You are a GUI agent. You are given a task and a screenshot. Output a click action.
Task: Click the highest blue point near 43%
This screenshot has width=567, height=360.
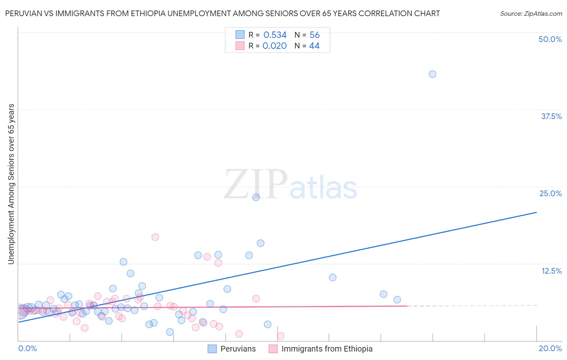(x=432, y=74)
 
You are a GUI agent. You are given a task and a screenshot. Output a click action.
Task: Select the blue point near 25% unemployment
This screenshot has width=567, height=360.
(x=256, y=197)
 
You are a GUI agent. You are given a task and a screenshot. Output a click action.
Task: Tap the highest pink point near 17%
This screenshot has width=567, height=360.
(x=155, y=237)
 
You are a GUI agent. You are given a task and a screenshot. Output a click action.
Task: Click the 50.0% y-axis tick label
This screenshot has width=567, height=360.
(x=550, y=39)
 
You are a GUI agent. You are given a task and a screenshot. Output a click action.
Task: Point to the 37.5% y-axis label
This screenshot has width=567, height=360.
(x=551, y=116)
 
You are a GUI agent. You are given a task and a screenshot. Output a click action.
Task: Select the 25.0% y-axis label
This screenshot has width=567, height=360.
(x=550, y=193)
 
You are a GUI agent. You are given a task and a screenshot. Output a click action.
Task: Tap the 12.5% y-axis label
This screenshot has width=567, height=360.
(x=551, y=271)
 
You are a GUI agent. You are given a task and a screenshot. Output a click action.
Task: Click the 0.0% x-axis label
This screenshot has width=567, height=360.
(x=28, y=348)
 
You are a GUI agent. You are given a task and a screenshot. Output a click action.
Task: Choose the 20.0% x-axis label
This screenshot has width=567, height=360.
(x=550, y=348)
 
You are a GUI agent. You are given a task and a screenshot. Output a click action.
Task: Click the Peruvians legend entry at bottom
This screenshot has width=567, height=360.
(x=238, y=349)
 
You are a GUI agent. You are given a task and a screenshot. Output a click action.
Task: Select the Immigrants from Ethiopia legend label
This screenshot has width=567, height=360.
(x=327, y=349)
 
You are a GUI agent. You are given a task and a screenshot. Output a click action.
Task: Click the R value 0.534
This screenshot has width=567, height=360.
(x=275, y=35)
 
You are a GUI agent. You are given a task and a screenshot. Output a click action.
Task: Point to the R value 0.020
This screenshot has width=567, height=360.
(x=274, y=46)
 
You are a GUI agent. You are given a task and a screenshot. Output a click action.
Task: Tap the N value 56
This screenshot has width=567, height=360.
(x=315, y=35)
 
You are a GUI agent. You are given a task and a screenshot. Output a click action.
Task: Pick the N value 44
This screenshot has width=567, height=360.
(x=314, y=46)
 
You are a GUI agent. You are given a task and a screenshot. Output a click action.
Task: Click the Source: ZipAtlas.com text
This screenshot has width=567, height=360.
(x=531, y=13)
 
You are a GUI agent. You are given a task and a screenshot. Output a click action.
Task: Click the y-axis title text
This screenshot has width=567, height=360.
(x=11, y=184)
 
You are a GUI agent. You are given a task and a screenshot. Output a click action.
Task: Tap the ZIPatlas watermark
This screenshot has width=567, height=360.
(x=290, y=185)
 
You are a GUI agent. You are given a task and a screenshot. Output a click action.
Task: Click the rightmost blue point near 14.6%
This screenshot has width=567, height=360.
(x=261, y=243)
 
